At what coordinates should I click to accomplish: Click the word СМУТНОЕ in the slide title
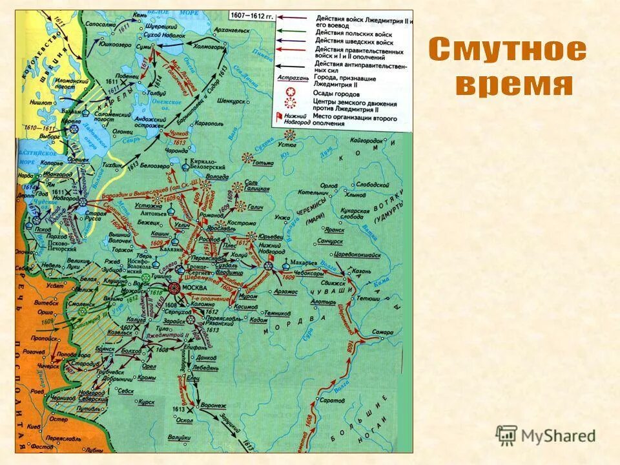pos(508,50)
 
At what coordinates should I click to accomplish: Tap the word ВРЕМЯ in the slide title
pos(514,85)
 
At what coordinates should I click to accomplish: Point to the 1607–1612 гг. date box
pos(251,15)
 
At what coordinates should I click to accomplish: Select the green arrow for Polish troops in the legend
pos(294,32)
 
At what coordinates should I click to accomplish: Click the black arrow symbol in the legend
pos(294,65)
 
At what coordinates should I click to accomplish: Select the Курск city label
pos(147,402)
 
